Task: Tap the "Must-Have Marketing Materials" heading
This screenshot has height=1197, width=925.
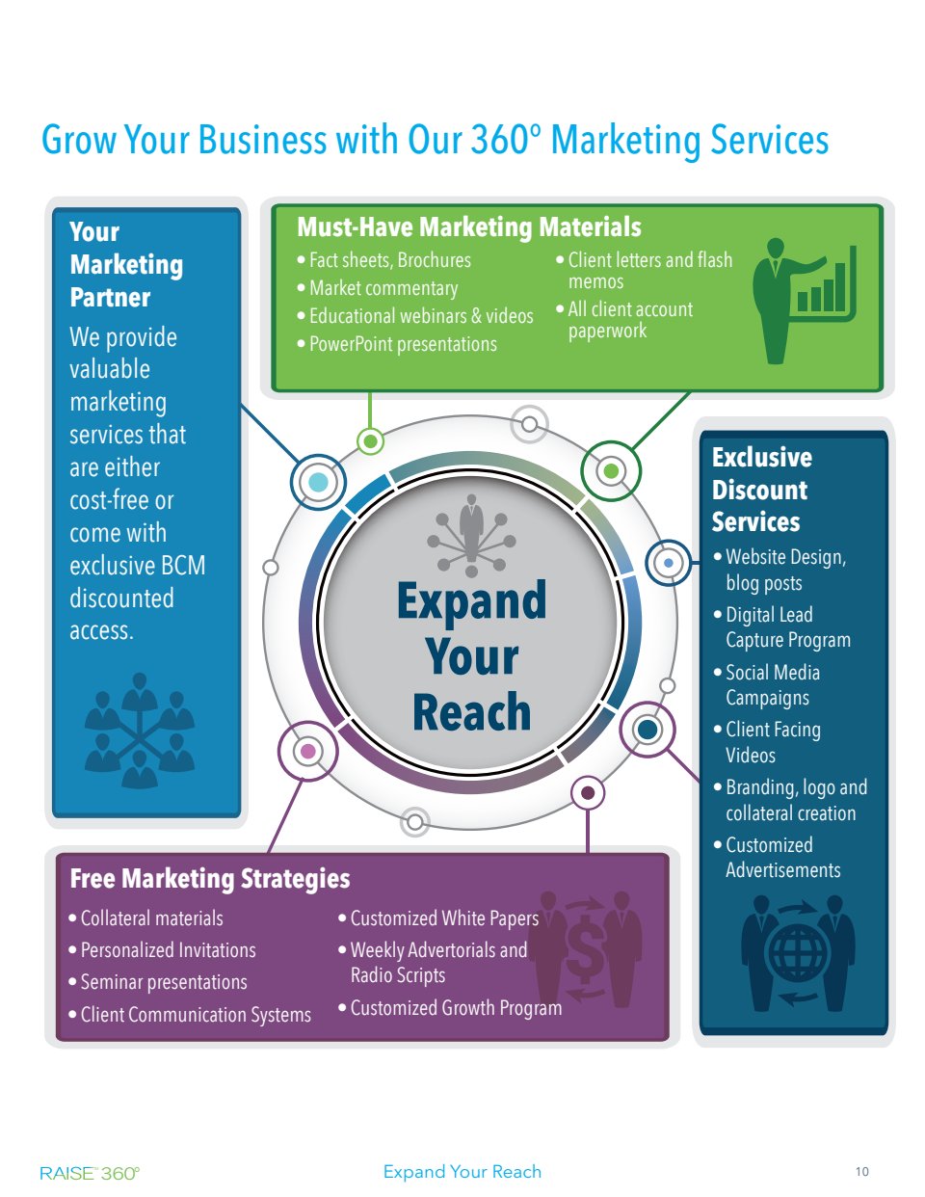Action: coord(468,227)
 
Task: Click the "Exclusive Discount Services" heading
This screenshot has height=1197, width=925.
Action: coord(760,490)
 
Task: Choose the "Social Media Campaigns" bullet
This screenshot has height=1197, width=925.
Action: coord(772,685)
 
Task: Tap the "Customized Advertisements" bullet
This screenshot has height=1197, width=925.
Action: coord(781,858)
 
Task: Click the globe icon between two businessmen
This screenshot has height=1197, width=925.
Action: coord(796,954)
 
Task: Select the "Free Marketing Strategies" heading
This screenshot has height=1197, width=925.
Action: coord(210,879)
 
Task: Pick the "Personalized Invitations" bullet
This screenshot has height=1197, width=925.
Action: coord(168,950)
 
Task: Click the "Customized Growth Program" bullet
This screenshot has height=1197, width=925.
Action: coord(455,1008)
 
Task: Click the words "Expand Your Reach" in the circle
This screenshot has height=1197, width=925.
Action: coord(472,657)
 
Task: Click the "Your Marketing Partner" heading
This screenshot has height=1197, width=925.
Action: coord(126,265)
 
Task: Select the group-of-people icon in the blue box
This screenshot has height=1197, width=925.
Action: coord(140,731)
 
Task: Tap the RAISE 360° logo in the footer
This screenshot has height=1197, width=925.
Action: coord(90,1173)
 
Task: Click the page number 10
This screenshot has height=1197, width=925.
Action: coord(861,1172)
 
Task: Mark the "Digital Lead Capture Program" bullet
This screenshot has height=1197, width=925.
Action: coord(787,627)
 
